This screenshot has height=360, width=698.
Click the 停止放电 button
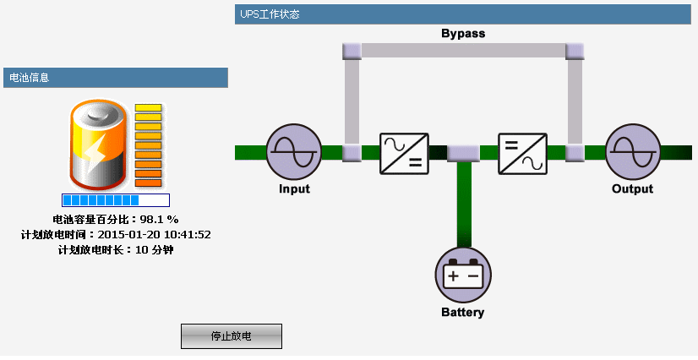click(x=231, y=336)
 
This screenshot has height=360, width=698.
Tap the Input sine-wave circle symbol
click(x=294, y=152)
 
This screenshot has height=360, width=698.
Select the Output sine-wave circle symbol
click(x=632, y=152)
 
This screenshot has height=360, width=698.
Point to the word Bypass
click(x=463, y=34)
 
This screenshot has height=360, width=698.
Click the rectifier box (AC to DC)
click(x=404, y=153)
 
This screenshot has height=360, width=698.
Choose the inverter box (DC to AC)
click(x=522, y=153)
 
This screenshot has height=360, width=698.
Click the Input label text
click(x=294, y=188)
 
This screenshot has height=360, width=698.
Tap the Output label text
click(x=632, y=188)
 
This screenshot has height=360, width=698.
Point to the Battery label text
click(x=463, y=313)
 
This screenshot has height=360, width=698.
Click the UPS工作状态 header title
click(x=270, y=14)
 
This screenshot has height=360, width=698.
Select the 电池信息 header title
click(x=29, y=78)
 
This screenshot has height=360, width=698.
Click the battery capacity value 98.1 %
click(x=159, y=220)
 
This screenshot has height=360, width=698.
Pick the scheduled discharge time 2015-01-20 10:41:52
click(x=154, y=234)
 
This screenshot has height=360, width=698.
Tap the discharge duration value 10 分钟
click(x=154, y=249)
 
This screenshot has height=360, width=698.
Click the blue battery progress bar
click(x=116, y=200)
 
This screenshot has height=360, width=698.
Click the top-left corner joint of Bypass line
click(x=352, y=51)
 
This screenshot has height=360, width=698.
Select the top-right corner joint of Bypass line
click(x=575, y=51)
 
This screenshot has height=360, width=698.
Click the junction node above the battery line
click(x=463, y=153)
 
